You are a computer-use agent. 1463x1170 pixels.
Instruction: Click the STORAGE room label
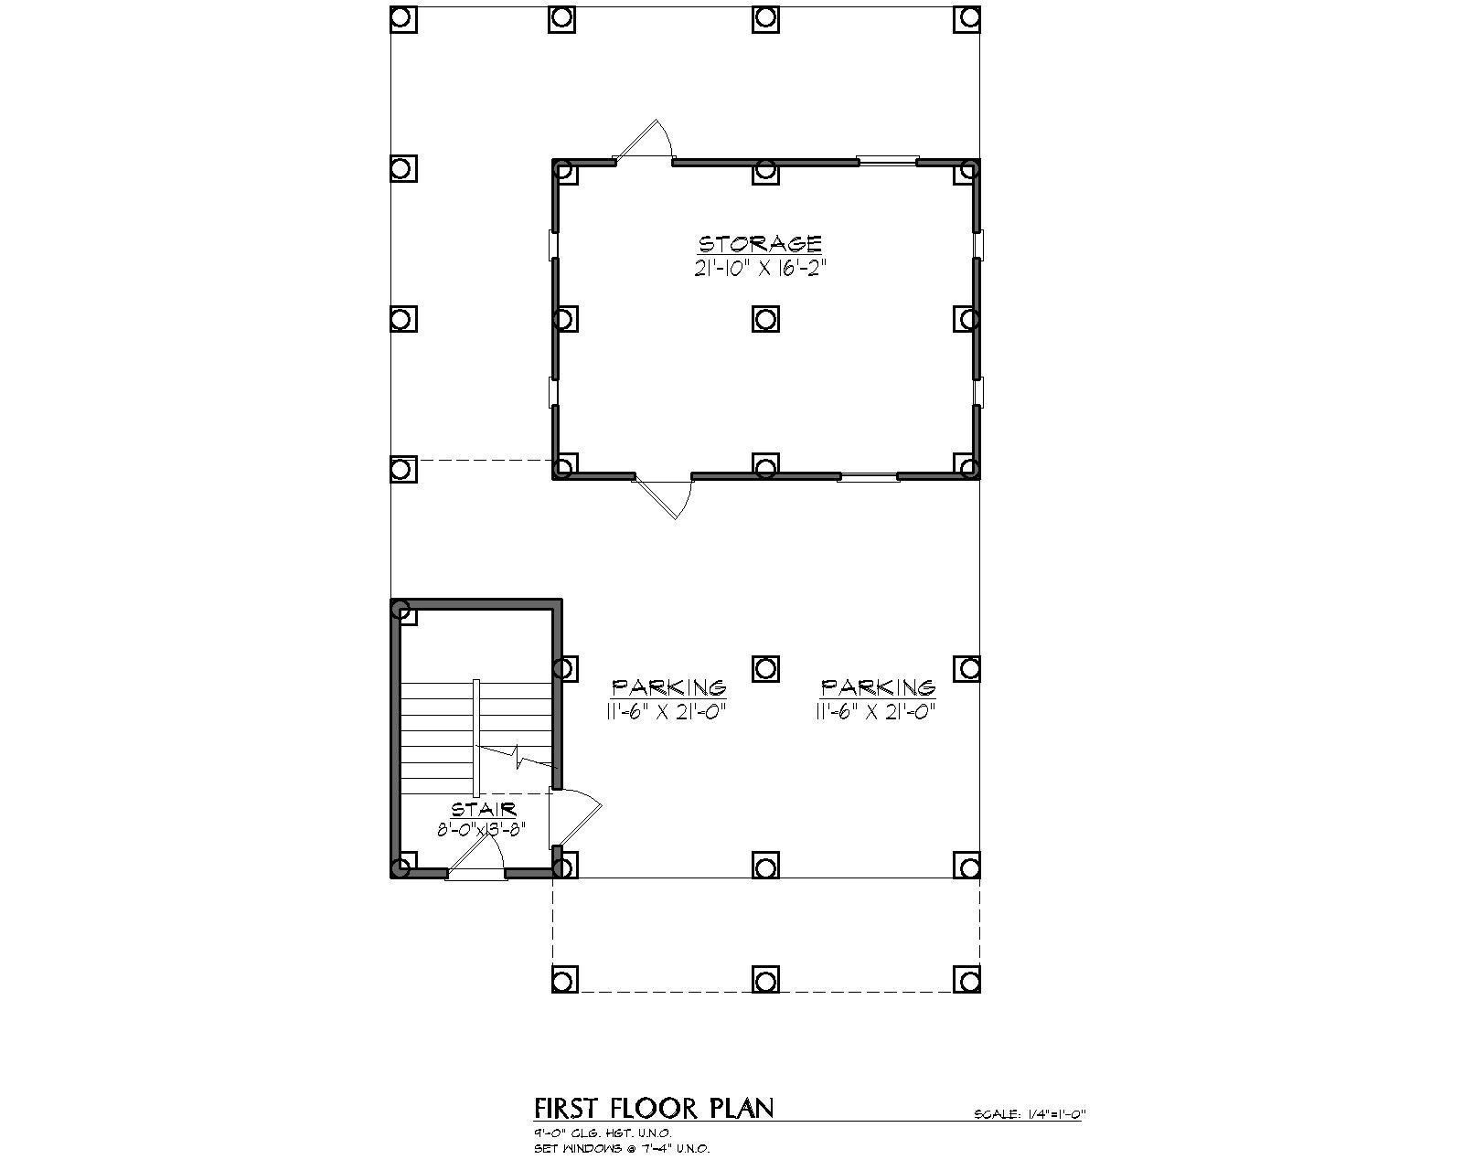click(760, 244)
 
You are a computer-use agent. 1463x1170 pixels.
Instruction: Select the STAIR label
click(484, 810)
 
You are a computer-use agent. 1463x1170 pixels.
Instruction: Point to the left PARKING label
click(668, 687)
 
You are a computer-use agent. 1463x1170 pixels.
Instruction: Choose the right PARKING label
click(878, 687)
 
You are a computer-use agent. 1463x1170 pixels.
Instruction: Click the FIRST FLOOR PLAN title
click(654, 1108)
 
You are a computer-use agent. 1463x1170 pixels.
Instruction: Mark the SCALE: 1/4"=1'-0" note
click(1029, 1114)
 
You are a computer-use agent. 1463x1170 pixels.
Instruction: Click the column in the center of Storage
click(765, 318)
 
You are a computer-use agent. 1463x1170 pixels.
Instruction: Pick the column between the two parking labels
click(765, 668)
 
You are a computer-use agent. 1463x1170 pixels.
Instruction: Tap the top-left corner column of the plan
click(403, 17)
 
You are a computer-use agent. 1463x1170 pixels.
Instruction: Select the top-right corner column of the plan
click(966, 17)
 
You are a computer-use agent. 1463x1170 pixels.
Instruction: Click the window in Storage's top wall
click(888, 162)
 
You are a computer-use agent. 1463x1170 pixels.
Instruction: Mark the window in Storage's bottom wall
click(869, 476)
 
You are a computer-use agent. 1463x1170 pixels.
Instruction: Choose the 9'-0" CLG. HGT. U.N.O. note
click(603, 1133)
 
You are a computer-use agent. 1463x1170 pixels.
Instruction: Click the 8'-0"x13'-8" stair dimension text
click(481, 830)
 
